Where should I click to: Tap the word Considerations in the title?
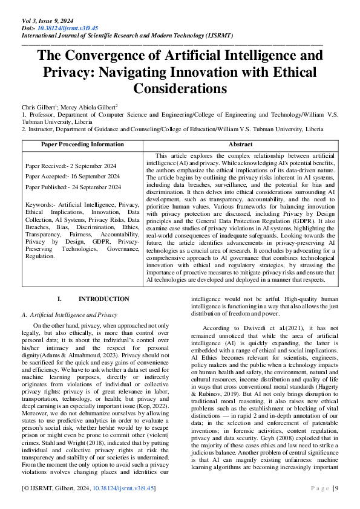[x=180, y=88]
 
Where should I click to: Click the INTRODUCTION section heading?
[x=103, y=299]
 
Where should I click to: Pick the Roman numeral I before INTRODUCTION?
[x=59, y=299]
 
